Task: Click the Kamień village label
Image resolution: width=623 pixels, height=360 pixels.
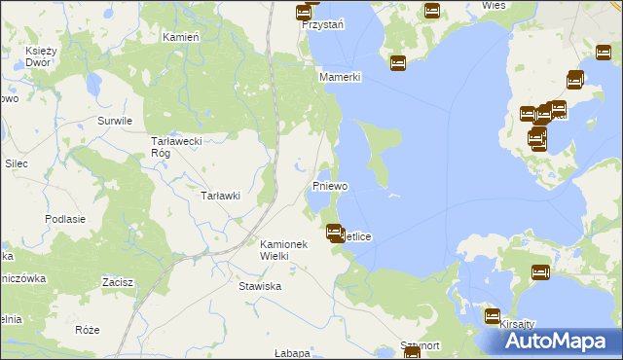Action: pos(180,36)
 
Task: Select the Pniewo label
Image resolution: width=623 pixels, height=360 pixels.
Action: pos(330,185)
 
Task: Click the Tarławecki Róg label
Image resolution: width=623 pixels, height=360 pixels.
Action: pos(175,146)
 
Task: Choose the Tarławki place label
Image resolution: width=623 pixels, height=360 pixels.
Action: pos(220,196)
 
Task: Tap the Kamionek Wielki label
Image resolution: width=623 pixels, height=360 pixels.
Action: pos(283,249)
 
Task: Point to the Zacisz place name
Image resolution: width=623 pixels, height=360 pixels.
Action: pos(117,282)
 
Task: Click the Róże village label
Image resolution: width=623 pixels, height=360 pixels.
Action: pos(87,330)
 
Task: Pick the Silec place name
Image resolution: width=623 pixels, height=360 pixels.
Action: pos(16,163)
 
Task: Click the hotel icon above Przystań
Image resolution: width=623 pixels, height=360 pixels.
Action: pos(303,13)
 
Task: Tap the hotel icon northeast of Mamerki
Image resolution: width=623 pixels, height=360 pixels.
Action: pos(397,63)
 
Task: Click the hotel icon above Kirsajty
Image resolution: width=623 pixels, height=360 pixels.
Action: pos(493,316)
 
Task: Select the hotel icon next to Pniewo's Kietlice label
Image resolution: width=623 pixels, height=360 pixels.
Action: pos(334,233)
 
